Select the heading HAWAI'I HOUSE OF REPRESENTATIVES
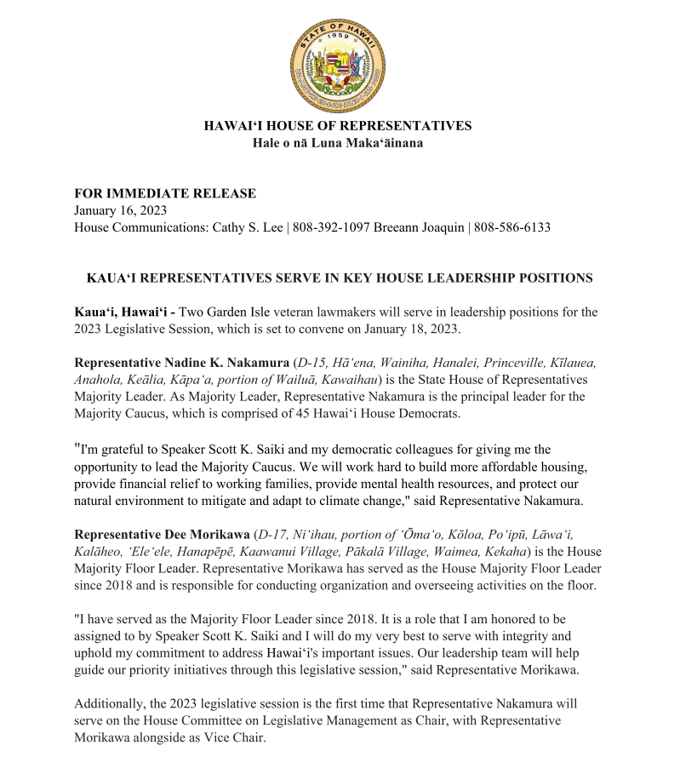click(338, 126)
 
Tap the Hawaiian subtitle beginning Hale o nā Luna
click(338, 143)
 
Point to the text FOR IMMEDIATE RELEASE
click(164, 193)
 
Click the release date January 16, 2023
click(120, 210)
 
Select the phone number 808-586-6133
click(512, 227)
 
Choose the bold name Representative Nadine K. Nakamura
click(181, 363)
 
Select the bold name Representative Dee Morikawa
click(162, 534)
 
